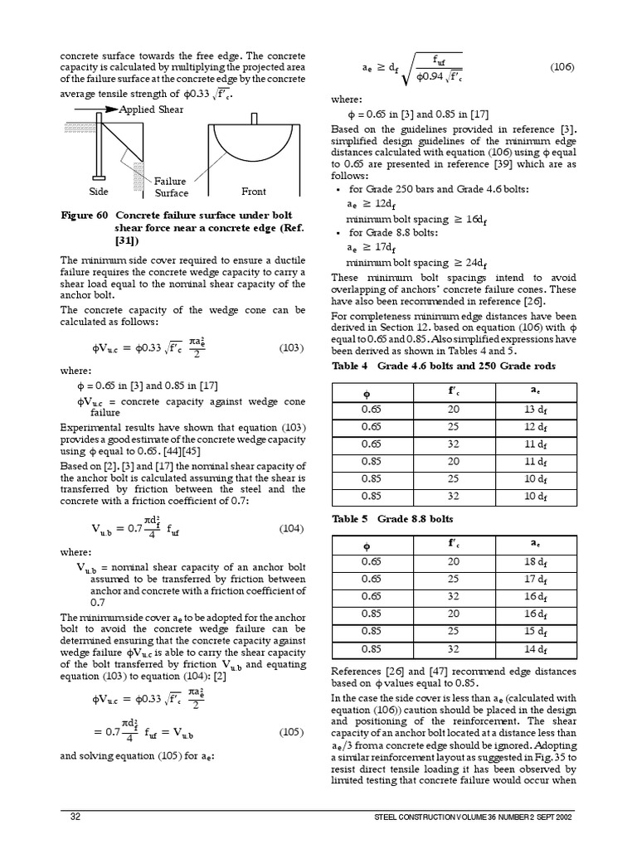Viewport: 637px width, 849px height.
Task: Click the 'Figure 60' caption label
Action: click(x=85, y=214)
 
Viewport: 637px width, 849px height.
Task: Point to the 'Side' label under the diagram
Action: click(x=98, y=192)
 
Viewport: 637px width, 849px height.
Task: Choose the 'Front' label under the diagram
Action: click(x=254, y=192)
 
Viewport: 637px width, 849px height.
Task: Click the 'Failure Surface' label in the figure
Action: click(x=172, y=187)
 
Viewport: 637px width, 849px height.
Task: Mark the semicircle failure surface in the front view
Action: click(x=254, y=149)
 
